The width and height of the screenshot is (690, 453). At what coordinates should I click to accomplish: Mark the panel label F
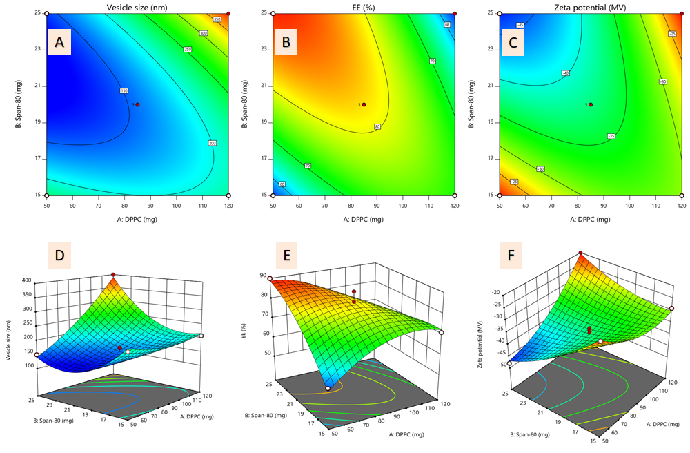tap(511, 256)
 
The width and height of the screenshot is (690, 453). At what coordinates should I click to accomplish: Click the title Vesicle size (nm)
tap(137, 6)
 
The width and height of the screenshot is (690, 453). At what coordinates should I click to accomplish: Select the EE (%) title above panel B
tap(364, 6)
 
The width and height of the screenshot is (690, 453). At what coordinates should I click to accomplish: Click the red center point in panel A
tap(138, 104)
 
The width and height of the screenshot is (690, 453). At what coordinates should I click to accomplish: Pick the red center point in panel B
tap(364, 104)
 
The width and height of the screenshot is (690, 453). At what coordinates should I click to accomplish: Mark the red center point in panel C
tap(591, 104)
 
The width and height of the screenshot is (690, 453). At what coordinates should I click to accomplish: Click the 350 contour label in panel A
tap(217, 19)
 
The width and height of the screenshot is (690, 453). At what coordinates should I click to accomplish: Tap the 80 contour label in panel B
tap(377, 126)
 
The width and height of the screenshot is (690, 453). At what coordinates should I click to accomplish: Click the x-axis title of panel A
tap(137, 219)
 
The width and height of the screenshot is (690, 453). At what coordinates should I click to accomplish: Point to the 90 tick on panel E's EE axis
tap(262, 276)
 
